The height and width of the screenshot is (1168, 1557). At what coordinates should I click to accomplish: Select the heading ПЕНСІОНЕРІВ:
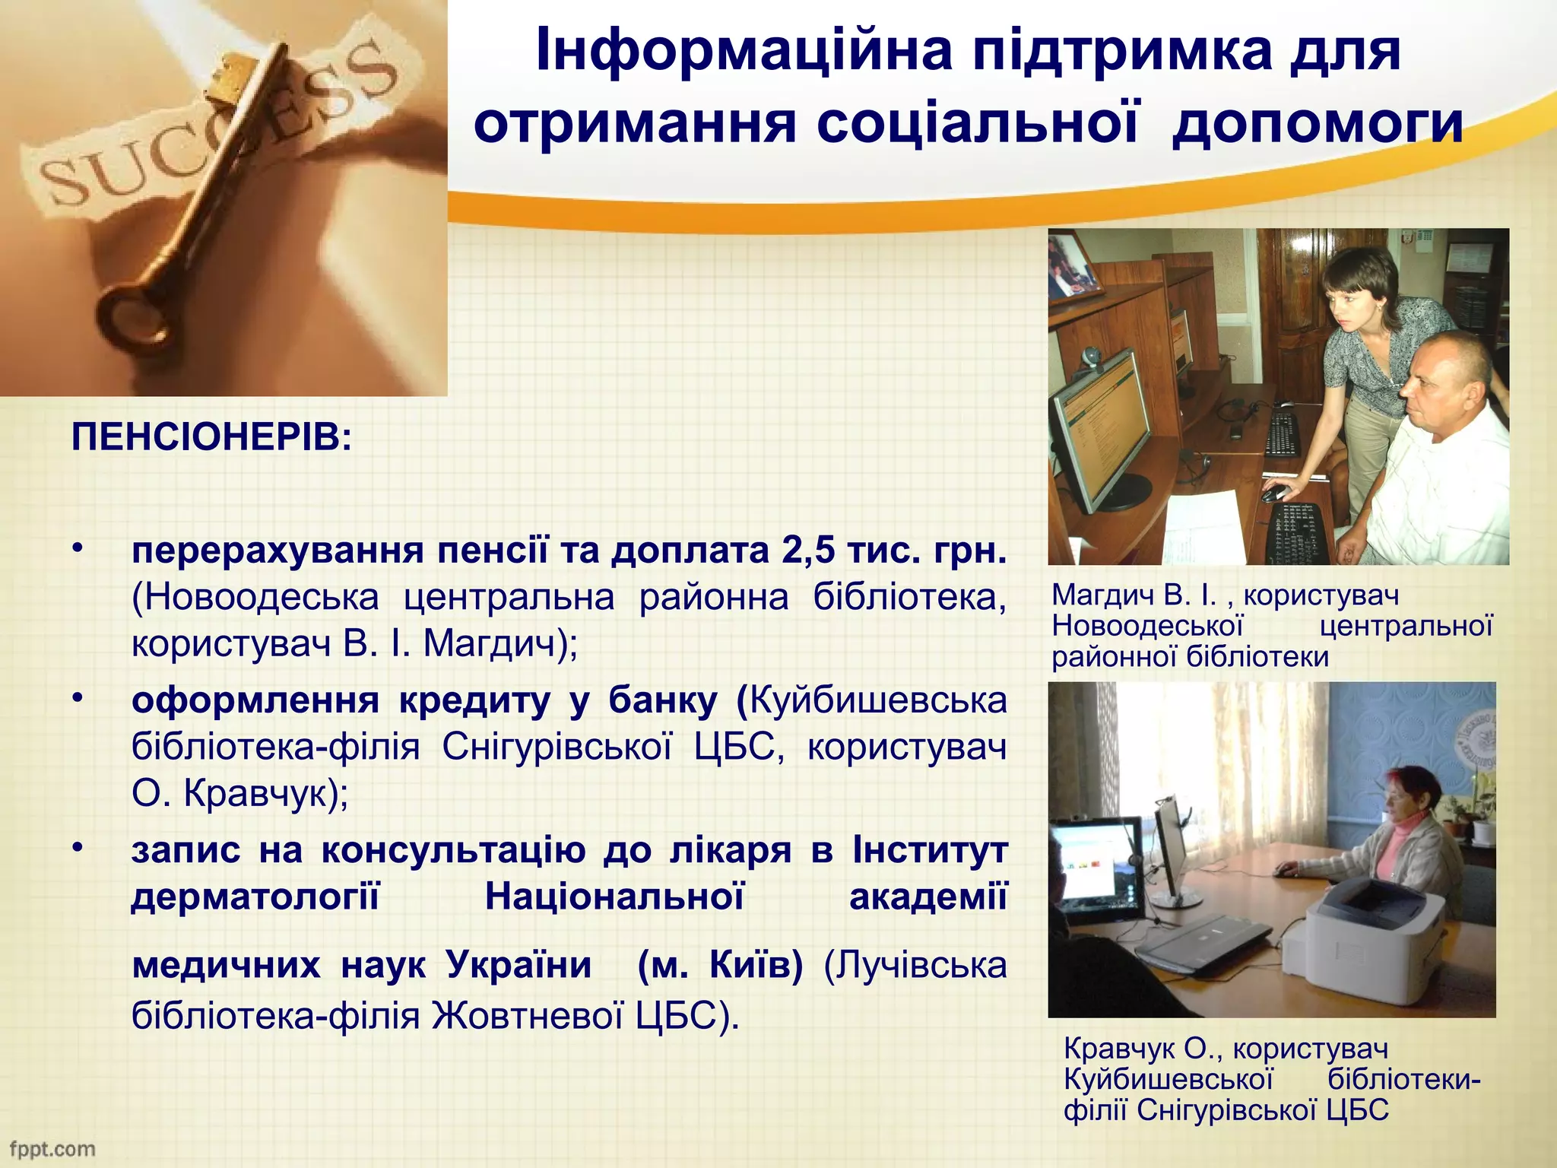point(211,439)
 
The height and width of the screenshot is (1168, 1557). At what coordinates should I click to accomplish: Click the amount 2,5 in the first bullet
point(808,551)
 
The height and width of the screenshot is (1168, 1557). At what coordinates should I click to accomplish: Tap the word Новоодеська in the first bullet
point(255,598)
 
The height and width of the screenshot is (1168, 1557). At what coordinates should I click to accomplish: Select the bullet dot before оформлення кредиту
point(77,697)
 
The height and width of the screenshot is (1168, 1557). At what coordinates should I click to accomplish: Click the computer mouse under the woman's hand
point(1272,494)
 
